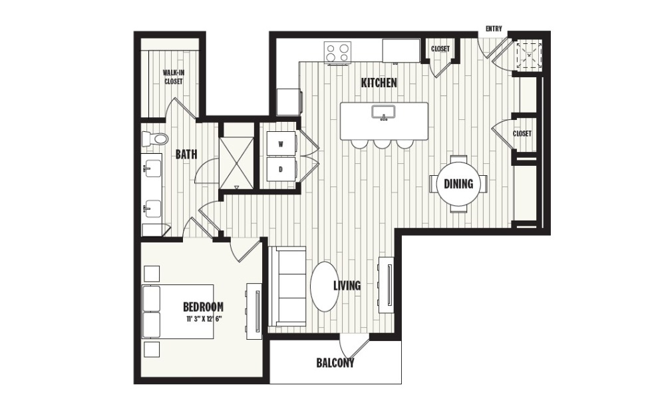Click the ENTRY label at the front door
coord(494,29)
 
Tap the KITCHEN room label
coord(379,83)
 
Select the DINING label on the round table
coord(458,185)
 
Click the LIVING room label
coord(347,286)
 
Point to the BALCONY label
coord(335,364)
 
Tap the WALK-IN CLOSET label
coord(173,77)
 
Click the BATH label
coord(186,155)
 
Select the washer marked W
coord(281,144)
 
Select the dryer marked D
coord(281,169)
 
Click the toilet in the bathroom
coord(155,139)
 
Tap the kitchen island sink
coord(384,113)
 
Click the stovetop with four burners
coord(338,52)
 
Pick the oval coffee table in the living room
coord(324,286)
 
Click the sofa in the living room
coord(287,286)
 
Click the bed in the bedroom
coord(177,311)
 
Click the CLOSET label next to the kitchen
coord(440,49)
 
